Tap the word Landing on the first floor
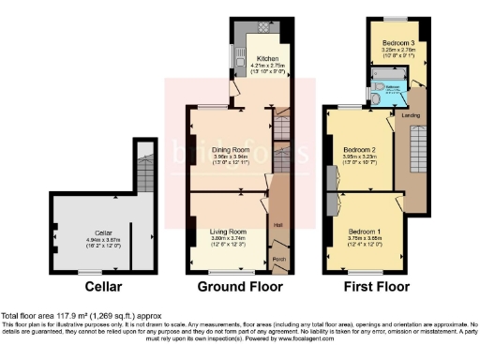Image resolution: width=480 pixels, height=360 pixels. [410, 116]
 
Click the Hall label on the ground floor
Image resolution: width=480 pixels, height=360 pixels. [277, 223]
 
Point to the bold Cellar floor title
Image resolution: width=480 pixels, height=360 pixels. [102, 286]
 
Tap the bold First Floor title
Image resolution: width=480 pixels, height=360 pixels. [375, 286]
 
